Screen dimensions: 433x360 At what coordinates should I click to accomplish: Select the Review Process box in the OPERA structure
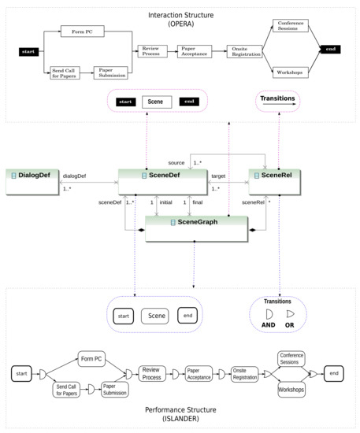point(151,51)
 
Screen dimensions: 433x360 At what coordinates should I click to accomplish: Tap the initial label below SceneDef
point(166,203)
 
